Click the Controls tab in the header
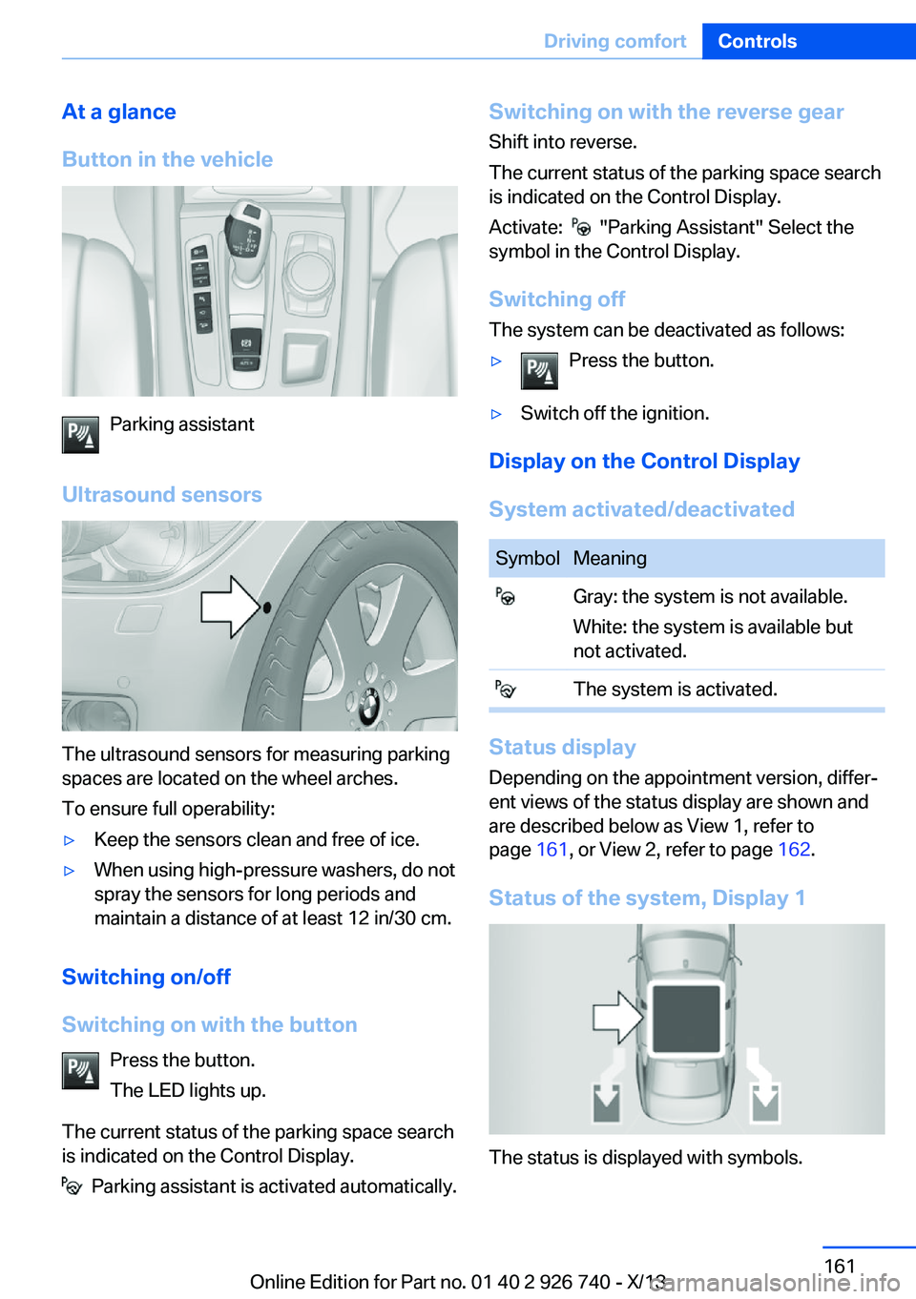coord(757,41)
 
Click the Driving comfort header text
coord(614,41)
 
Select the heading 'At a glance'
coord(119,112)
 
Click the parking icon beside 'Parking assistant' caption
coord(80,435)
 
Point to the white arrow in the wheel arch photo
coord(229,607)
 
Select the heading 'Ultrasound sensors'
coord(162,494)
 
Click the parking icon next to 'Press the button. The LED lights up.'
coord(80,1070)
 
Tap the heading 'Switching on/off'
coord(146,977)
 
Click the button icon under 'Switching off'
coord(539,371)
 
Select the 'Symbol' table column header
coord(527,558)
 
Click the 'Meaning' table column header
coord(610,558)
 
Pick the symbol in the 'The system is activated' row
coord(505,689)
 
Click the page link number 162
coord(794,849)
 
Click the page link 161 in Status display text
coord(552,849)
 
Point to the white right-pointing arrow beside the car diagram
coord(618,1017)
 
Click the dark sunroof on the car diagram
coord(686,1019)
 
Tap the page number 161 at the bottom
coord(840,1266)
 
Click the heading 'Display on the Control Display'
coord(644,461)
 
